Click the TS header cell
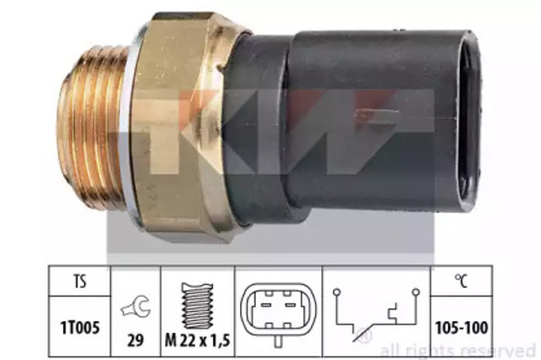click(79, 281)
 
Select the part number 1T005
click(80, 328)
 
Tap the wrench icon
click(135, 306)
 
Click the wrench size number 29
click(135, 341)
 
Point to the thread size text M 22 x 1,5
click(198, 341)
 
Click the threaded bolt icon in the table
click(197, 306)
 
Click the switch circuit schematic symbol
click(376, 314)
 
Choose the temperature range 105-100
click(462, 328)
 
